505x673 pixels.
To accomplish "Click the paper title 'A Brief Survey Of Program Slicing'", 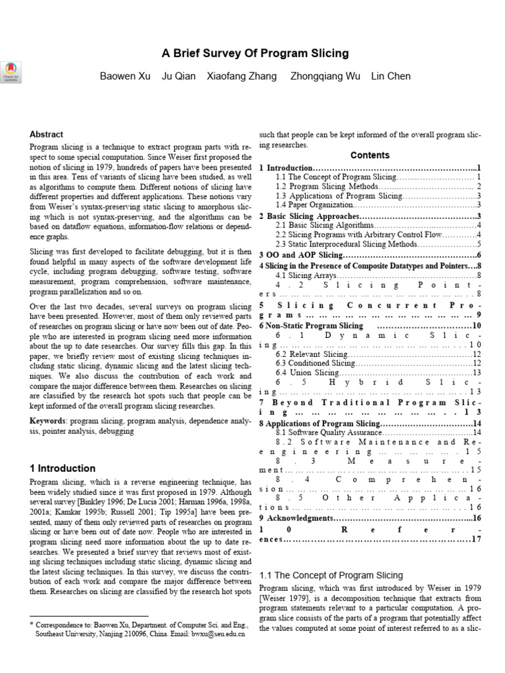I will click(255, 53).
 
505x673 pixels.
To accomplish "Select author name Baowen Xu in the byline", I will click(125, 76).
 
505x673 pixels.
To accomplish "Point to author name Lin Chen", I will click(391, 76).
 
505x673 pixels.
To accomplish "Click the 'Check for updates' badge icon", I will click(11, 71).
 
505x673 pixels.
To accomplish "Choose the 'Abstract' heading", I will click(47, 134).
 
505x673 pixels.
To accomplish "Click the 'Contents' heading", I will click(370, 156).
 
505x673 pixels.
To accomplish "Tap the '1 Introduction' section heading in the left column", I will click(62, 469).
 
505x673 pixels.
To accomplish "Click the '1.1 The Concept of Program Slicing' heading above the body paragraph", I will click(331, 575).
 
